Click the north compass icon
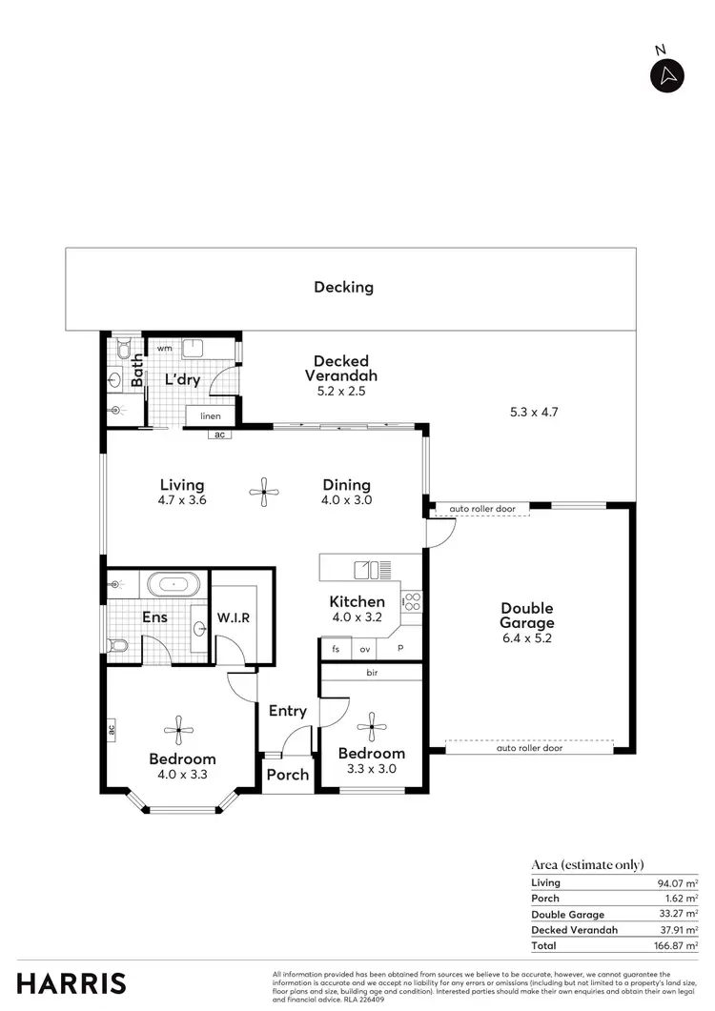[x=667, y=75]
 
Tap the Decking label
[x=343, y=287]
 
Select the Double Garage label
[x=526, y=616]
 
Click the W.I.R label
[x=233, y=617]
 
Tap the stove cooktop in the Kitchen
[x=412, y=601]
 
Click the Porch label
[x=287, y=775]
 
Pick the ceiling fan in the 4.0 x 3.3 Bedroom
[x=178, y=731]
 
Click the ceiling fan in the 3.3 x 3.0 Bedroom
[x=371, y=728]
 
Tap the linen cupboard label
[x=211, y=416]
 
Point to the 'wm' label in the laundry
[x=164, y=349]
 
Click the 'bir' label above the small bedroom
[x=371, y=673]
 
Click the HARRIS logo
[x=71, y=983]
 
